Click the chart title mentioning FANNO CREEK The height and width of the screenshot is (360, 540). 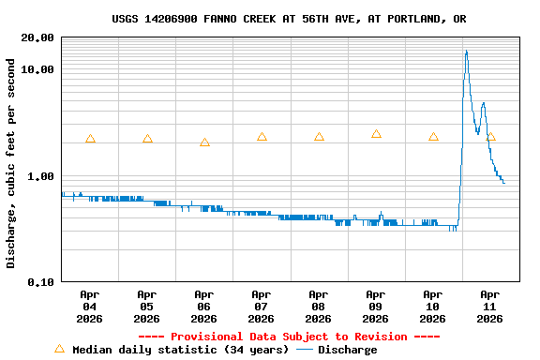[x=289, y=19]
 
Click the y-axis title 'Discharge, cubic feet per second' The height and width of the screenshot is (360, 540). [x=11, y=163]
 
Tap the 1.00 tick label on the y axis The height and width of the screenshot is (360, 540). [x=40, y=176]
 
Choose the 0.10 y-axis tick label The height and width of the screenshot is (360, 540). [x=40, y=282]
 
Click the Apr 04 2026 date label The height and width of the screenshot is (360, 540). [x=90, y=307]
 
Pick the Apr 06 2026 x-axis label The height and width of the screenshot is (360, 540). [x=204, y=307]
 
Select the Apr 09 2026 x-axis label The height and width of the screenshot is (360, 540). [x=376, y=307]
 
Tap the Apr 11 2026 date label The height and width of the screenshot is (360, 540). [x=489, y=307]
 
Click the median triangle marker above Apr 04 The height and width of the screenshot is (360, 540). [x=90, y=139]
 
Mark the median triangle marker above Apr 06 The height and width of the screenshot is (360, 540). [x=204, y=142]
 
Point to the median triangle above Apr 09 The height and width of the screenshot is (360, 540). [x=376, y=134]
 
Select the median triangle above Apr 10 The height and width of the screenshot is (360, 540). [x=433, y=137]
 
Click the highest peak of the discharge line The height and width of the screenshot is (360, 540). [x=467, y=52]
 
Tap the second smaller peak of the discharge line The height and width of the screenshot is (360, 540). [x=483, y=104]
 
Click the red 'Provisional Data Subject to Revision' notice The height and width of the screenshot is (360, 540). [x=289, y=337]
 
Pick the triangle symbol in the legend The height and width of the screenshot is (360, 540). [x=60, y=349]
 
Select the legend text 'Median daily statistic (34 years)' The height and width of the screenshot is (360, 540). [x=180, y=350]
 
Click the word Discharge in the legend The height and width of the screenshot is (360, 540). [x=347, y=350]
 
